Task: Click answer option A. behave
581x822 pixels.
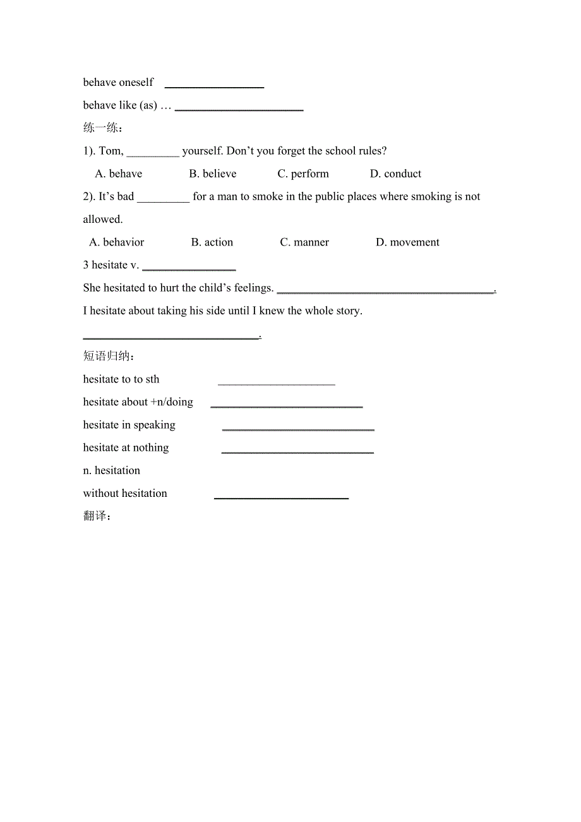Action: [x=119, y=174]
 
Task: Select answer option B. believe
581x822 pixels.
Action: [x=213, y=174]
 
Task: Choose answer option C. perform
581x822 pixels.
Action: [x=303, y=174]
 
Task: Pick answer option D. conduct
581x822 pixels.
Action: [x=396, y=174]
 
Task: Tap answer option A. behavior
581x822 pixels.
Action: [x=117, y=242]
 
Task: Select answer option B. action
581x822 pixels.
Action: [x=212, y=242]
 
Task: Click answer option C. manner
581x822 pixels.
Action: [x=304, y=242]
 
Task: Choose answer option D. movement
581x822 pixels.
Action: [x=407, y=242]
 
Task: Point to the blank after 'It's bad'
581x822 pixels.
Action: [x=163, y=200]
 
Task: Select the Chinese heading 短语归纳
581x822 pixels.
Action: [x=108, y=356]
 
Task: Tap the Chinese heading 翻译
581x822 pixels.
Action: [x=97, y=516]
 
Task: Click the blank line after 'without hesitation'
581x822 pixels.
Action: [x=281, y=497]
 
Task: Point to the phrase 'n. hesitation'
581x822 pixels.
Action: [x=112, y=470]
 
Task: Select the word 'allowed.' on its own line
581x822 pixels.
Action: [x=103, y=220]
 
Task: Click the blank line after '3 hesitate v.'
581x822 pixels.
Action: [x=189, y=268]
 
